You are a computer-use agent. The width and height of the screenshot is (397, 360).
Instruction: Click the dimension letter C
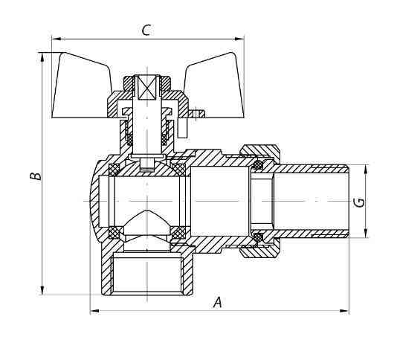click(x=146, y=30)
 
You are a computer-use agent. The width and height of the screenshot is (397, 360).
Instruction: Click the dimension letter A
click(x=218, y=302)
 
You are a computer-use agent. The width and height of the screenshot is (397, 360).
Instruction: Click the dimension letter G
click(x=359, y=202)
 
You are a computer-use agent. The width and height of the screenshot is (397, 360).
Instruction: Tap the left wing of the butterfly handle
click(x=81, y=86)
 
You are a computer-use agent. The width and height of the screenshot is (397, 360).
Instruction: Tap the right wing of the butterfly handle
click(x=214, y=86)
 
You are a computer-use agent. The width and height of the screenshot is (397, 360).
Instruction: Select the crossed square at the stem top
click(x=147, y=87)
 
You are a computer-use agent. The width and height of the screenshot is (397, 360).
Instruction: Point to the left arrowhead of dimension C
click(x=57, y=39)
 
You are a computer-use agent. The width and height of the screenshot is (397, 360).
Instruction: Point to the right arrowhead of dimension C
click(x=239, y=39)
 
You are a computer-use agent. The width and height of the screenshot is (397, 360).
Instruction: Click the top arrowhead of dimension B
click(x=42, y=57)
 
